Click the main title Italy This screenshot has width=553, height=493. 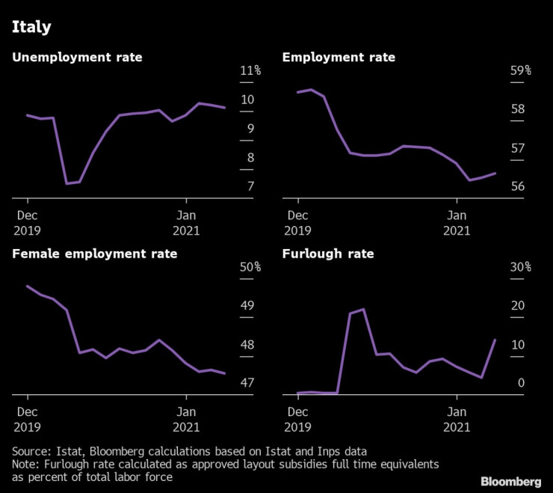pos(31,28)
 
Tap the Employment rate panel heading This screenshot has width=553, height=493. pos(339,57)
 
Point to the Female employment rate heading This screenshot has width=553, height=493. pos(95,254)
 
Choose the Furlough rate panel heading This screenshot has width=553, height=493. pos(327,254)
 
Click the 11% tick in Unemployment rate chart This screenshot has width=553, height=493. pos(250,71)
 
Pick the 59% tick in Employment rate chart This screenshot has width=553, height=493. pos(520,71)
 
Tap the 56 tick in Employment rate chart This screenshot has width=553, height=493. pos(517,186)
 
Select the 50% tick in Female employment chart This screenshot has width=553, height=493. pos(250,268)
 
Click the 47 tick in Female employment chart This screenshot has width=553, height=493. pos(247,383)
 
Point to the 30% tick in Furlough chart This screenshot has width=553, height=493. pos(520,268)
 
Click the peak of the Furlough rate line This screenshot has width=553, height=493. pos(363,309)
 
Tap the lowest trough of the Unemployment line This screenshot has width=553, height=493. pos(67,183)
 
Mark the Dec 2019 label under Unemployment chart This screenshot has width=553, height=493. pos(27,222)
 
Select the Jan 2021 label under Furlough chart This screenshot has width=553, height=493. pos(456,419)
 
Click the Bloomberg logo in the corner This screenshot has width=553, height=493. pos(511,481)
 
